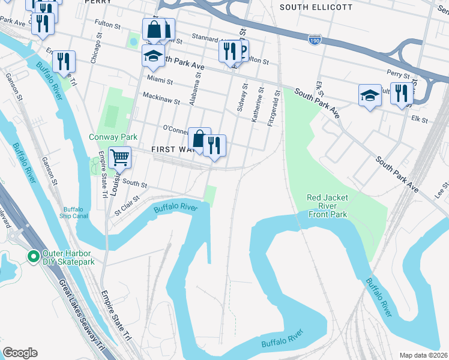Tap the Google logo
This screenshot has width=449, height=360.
click(x=20, y=353)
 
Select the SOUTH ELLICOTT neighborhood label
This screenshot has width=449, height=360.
click(x=315, y=7)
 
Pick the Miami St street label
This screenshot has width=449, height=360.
click(x=160, y=80)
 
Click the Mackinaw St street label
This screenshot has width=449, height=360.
click(x=161, y=98)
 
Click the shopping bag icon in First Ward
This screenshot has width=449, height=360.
click(x=199, y=139)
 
